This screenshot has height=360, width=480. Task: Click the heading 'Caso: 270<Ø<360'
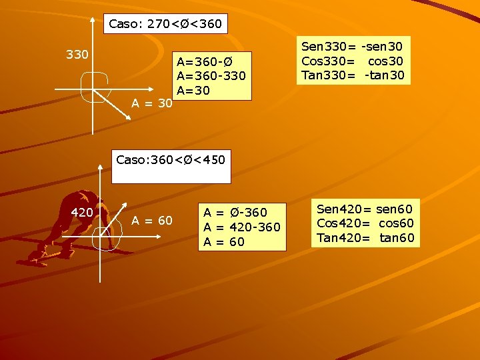pos(165,25)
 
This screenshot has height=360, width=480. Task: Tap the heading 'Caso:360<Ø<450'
pos(171,160)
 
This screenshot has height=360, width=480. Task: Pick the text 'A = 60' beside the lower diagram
pos(152,221)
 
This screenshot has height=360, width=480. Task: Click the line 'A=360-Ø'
pos(204,62)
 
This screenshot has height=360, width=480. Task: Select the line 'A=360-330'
pos(211,76)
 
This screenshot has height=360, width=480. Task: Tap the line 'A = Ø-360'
pos(235,213)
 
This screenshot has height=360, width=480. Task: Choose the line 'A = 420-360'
pos(242,227)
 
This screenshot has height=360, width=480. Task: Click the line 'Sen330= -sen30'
pos(353,47)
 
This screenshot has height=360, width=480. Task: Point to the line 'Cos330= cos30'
pos(353,61)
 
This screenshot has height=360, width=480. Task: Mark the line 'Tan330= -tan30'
pos(353,75)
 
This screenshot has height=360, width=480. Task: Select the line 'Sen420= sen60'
pos(365,209)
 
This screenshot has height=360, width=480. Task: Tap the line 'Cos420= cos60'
pos(365,223)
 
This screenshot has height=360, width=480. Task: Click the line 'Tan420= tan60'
pos(365,237)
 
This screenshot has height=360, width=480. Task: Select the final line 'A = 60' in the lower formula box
pos(224,242)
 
